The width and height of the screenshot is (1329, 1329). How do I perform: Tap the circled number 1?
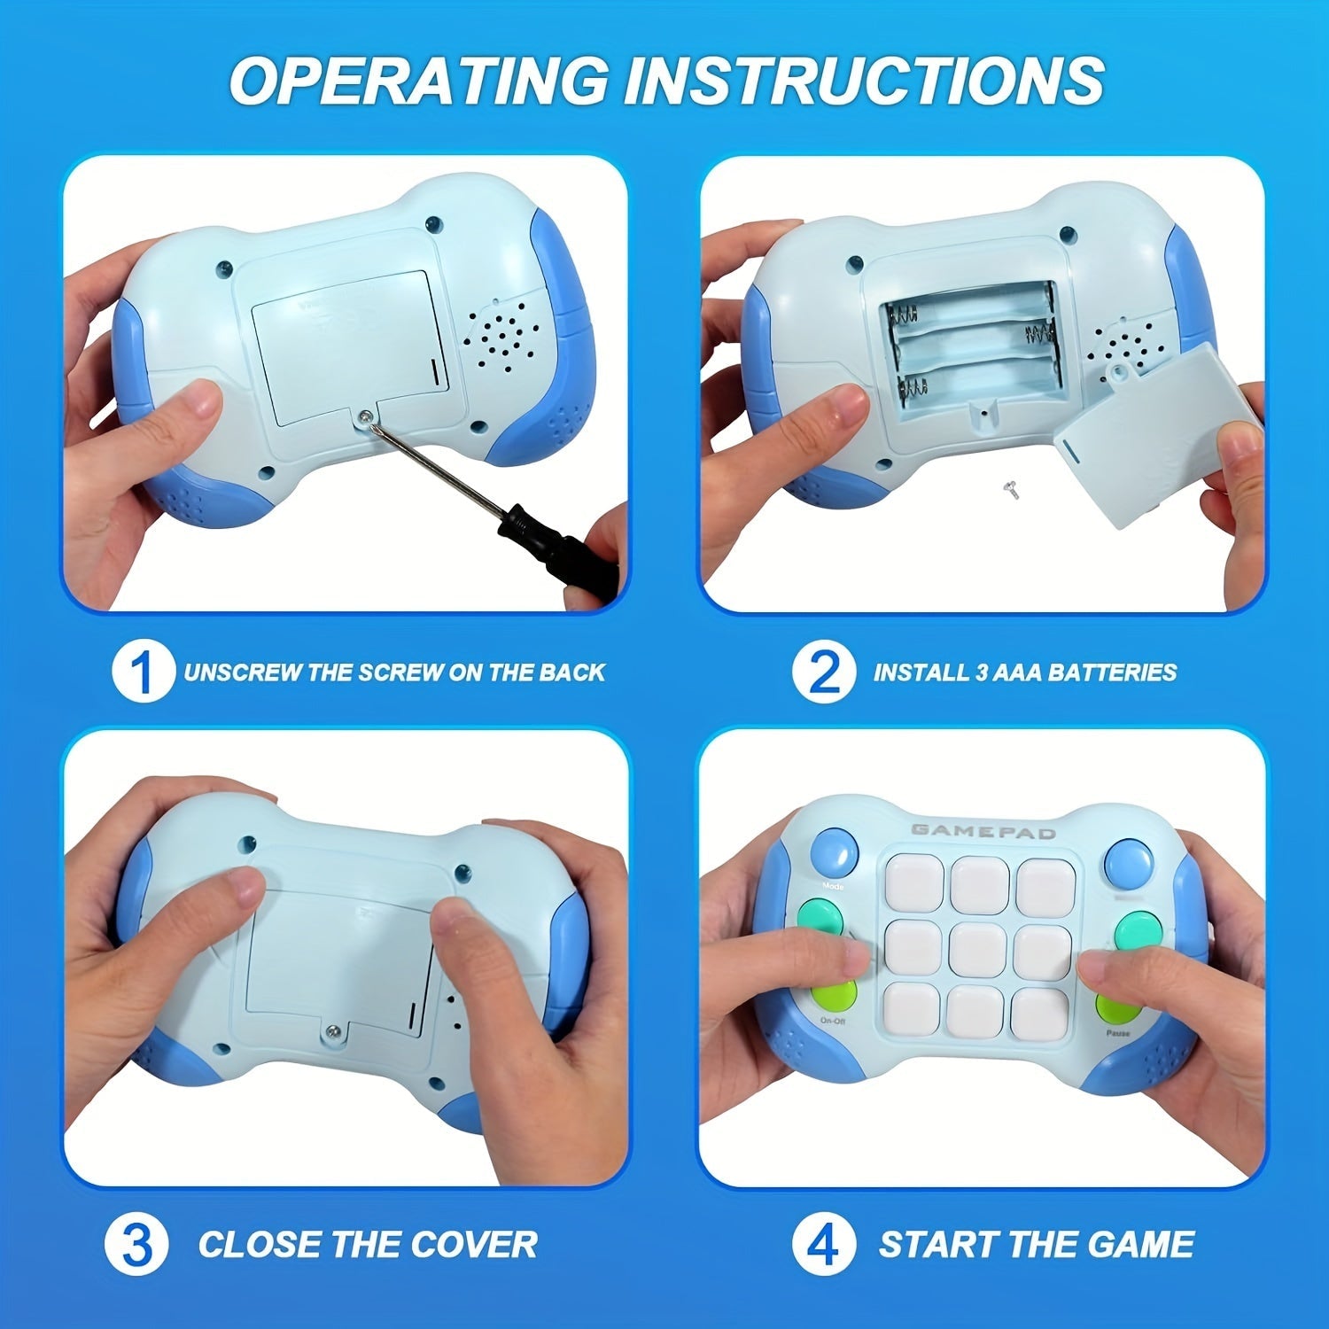143,672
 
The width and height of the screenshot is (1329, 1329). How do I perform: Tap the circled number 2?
824,672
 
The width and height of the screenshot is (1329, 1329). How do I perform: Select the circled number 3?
136,1245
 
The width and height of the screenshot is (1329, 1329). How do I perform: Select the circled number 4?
824,1245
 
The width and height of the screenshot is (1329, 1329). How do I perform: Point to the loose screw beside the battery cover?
1008,486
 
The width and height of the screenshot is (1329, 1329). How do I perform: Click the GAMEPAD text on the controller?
983,831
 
